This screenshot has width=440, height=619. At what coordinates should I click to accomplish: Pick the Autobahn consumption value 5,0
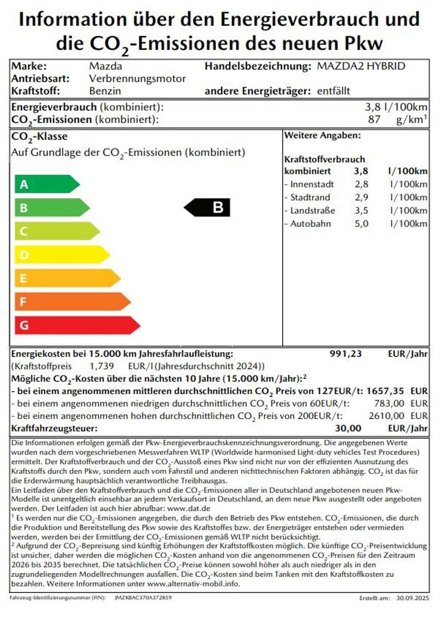(x=361, y=224)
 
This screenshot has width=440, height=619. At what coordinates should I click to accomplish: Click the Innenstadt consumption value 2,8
(x=361, y=184)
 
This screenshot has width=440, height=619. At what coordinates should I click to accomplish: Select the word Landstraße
(x=312, y=211)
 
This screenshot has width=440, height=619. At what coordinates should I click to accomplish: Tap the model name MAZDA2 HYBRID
(x=361, y=66)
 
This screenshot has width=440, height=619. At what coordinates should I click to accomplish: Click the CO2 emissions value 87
(x=374, y=119)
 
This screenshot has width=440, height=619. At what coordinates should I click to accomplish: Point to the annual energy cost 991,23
(x=345, y=354)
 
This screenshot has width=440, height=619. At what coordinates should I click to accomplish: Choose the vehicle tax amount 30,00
(x=348, y=428)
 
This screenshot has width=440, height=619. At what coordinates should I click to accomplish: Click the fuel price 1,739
(x=102, y=366)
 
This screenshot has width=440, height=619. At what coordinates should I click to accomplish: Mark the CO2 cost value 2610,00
(x=386, y=416)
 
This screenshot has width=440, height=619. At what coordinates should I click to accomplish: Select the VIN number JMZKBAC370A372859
(x=143, y=597)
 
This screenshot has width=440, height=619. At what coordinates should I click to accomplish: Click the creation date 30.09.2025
(x=413, y=598)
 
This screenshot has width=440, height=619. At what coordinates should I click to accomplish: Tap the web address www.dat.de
(x=189, y=508)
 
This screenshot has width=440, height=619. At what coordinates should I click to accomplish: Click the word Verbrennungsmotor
(x=137, y=79)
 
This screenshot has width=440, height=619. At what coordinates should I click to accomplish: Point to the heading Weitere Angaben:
(x=322, y=135)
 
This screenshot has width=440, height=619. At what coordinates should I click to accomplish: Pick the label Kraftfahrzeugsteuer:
(x=54, y=428)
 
